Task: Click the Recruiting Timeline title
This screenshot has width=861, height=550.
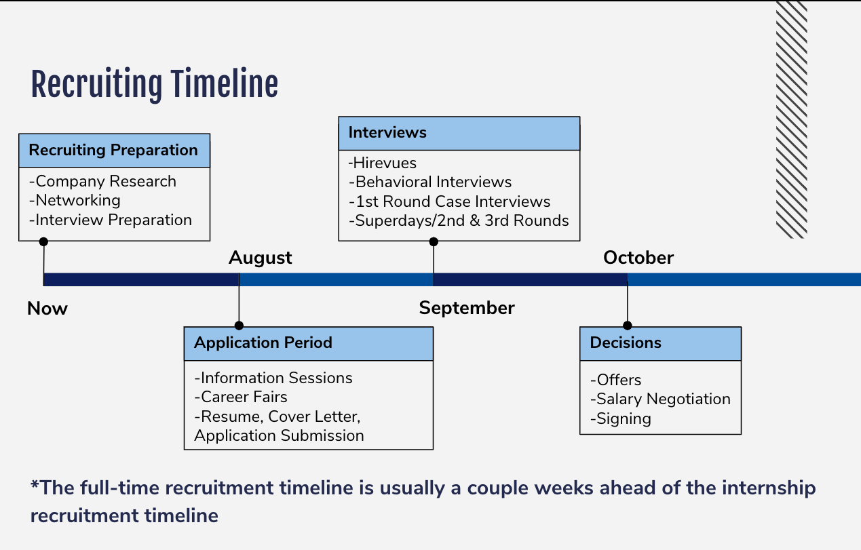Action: (x=154, y=85)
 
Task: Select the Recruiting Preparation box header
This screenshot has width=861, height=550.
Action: (x=114, y=151)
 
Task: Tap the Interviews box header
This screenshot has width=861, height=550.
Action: (x=459, y=134)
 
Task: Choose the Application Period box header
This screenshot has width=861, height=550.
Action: (x=308, y=344)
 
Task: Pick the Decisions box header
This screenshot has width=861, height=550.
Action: (x=660, y=344)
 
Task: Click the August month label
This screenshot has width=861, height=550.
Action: (x=261, y=258)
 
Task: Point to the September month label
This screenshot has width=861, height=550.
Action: (x=467, y=308)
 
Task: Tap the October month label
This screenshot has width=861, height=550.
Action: (x=638, y=258)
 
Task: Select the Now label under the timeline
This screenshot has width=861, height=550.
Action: (x=47, y=309)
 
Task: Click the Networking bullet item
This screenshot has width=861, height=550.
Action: (x=75, y=201)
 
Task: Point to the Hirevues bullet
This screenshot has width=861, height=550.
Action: (x=383, y=163)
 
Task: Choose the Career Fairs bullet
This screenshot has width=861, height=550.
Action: (x=241, y=397)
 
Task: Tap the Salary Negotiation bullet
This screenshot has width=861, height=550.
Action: (x=660, y=399)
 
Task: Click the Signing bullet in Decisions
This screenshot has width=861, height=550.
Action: (x=621, y=419)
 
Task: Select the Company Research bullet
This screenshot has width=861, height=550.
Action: (x=103, y=181)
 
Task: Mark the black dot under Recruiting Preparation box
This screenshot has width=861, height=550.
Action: (x=43, y=241)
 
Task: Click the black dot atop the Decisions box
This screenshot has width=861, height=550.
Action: (x=628, y=326)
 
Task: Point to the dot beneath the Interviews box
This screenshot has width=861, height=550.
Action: (x=434, y=241)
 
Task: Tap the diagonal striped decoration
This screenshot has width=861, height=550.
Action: (x=791, y=119)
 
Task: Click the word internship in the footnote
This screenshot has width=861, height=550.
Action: (x=769, y=488)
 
